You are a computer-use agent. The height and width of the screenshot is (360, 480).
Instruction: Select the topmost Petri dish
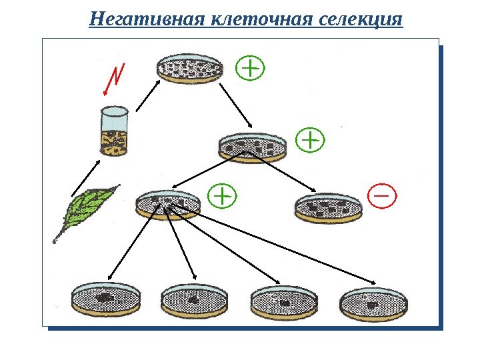[189, 69]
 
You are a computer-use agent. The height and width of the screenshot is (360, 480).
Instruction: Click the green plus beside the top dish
[251, 68]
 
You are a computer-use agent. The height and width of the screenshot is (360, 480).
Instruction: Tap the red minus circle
[382, 197]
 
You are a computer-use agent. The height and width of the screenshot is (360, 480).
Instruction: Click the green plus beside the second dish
[309, 141]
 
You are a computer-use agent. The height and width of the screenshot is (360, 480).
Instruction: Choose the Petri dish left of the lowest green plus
[167, 203]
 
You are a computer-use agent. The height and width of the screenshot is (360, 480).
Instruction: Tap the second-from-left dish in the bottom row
[194, 300]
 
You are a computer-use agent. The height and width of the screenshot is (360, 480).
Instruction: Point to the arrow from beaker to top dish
[147, 95]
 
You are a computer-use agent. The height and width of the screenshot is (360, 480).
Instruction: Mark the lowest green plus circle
[223, 197]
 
